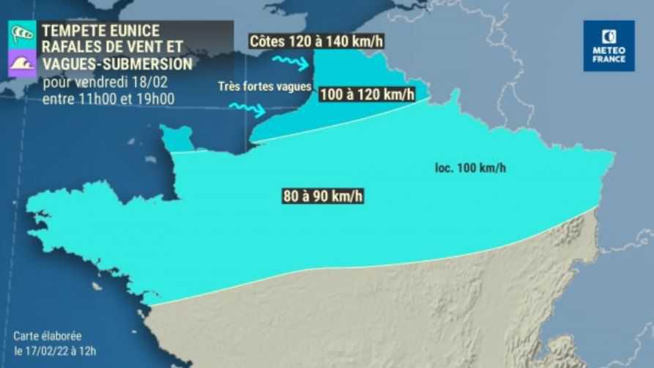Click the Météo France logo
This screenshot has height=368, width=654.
pyautogui.click(x=609, y=45)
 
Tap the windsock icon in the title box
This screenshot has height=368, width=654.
pyautogui.click(x=21, y=34)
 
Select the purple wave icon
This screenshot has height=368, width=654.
pyautogui.click(x=21, y=64)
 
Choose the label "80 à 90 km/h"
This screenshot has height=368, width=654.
pyautogui.click(x=323, y=195)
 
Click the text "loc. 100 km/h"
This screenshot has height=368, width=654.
pyautogui.click(x=470, y=168)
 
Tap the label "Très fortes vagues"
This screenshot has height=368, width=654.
pyautogui.click(x=264, y=86)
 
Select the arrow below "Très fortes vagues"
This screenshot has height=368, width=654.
pyautogui.click(x=247, y=109)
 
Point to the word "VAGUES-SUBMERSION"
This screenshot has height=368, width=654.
pyautogui.click(x=117, y=64)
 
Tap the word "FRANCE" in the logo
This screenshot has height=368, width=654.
pyautogui.click(x=609, y=59)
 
